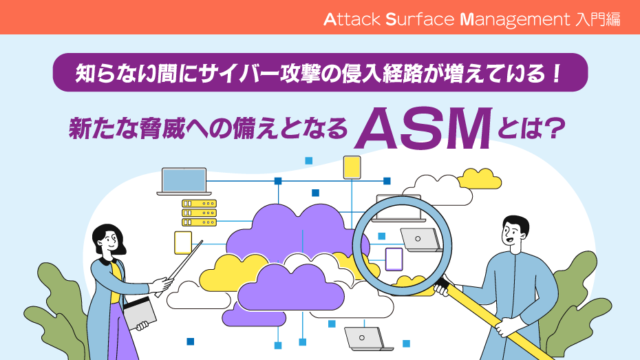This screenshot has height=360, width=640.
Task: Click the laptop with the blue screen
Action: (x=184, y=181)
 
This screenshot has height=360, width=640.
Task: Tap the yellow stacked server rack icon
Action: (x=199, y=213)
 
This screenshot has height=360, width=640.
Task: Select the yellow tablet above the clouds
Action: (x=352, y=167)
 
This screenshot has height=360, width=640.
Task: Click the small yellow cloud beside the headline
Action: (x=479, y=178)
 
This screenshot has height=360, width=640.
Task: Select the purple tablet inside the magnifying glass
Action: (x=394, y=259)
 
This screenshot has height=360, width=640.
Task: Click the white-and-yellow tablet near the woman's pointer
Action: (x=183, y=242)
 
